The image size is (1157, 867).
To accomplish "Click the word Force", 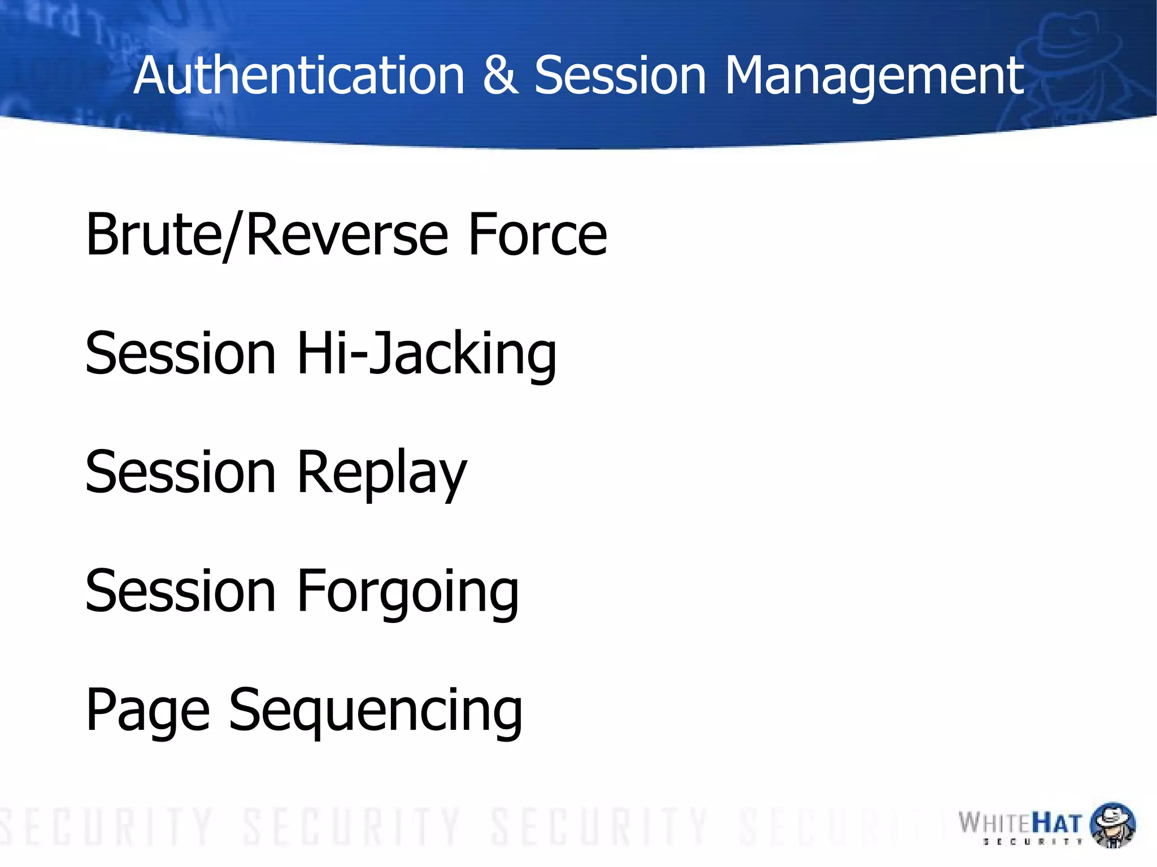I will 537,234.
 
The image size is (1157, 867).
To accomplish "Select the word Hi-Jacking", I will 427,354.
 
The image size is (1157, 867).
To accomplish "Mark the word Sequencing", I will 376,711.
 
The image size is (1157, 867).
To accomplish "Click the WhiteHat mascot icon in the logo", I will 1112,824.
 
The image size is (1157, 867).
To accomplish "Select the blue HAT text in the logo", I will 1056,823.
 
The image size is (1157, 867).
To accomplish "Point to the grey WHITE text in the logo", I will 995,823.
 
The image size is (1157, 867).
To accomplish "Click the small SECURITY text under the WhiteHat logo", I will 1032,842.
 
